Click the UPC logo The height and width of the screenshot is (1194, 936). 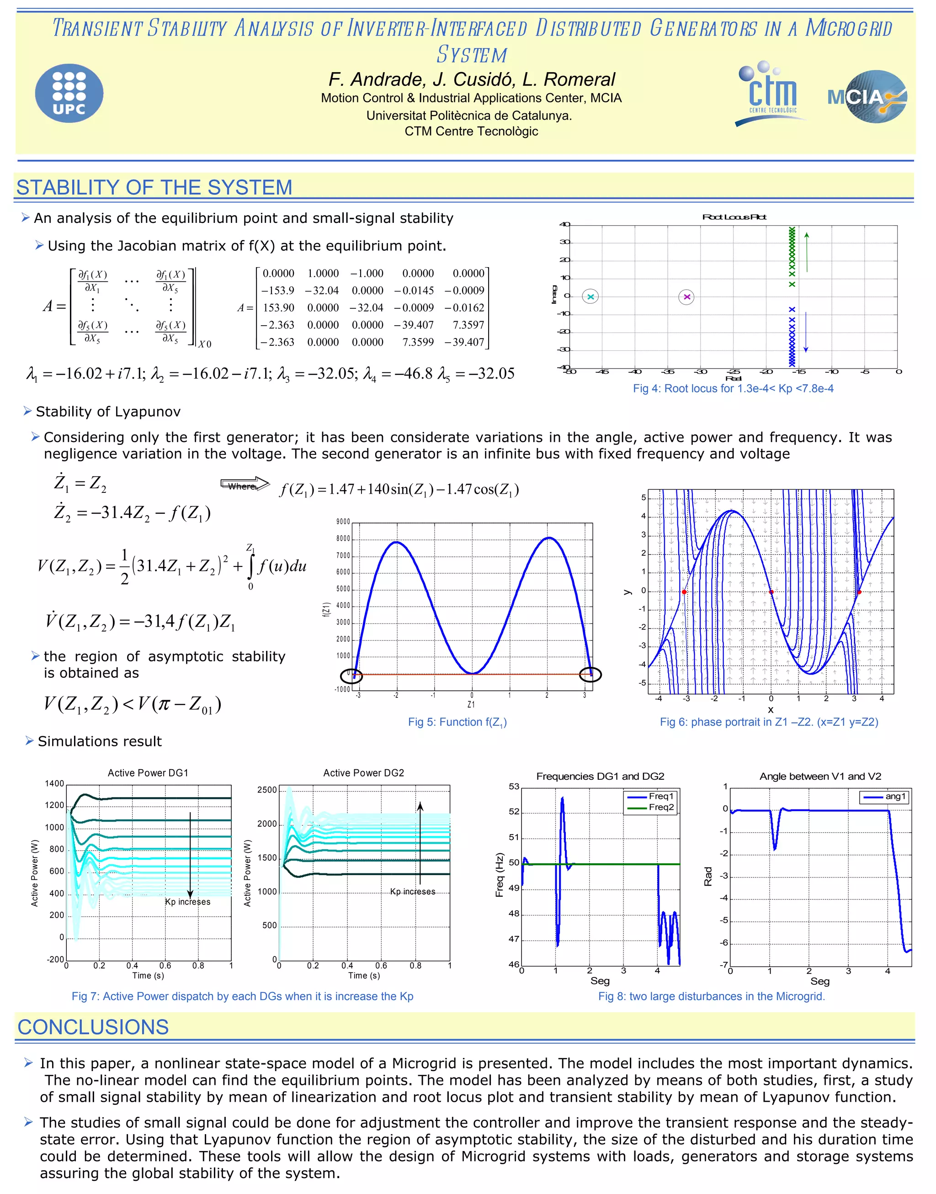pos(69,93)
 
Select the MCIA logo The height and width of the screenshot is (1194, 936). pos(867,97)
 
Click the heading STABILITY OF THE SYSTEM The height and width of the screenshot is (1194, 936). pos(154,187)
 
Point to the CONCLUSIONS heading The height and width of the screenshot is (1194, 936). pos(93,1027)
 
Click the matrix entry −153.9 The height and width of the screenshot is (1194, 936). pos(277,291)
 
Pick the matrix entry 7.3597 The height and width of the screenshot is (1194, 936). pos(468,325)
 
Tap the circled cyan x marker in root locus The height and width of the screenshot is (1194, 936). pos(590,297)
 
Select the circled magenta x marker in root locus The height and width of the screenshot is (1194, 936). pos(686,297)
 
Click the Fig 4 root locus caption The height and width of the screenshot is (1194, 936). pos(733,388)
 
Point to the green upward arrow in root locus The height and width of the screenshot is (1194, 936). pos(807,252)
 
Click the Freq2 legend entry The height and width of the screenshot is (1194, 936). pos(661,807)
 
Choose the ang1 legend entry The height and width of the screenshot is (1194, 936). pos(895,796)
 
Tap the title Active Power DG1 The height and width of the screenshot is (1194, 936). pos(148,773)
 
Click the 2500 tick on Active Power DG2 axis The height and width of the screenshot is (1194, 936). pos(267,790)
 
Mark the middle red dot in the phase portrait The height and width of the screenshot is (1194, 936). pos(771,592)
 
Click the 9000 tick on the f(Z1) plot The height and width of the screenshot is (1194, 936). pos(342,522)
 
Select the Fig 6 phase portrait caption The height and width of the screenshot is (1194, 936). pos(768,722)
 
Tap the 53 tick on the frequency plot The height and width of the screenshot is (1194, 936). pos(514,787)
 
